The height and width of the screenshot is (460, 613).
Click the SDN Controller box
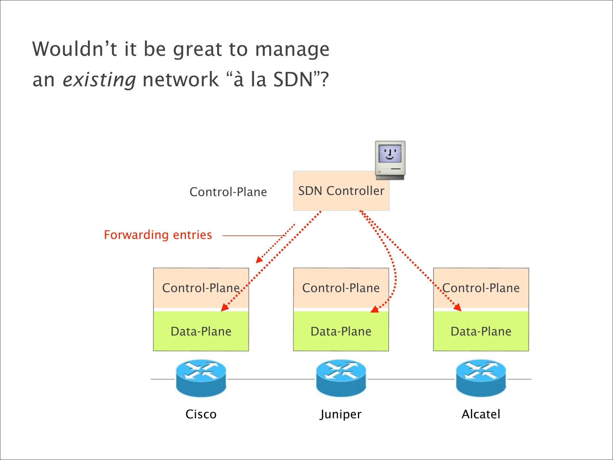[341, 191]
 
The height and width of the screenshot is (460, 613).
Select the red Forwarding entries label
[158, 235]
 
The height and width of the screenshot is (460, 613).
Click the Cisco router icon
[201, 378]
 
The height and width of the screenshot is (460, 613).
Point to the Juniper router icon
[341, 378]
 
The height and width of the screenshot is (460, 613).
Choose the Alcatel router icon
[481, 378]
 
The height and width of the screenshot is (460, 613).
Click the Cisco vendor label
[201, 414]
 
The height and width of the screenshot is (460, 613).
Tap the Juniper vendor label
[341, 414]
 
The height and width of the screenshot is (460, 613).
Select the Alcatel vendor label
[481, 414]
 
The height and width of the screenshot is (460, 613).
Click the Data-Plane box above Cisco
[201, 331]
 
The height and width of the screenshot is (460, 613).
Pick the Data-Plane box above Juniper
[341, 331]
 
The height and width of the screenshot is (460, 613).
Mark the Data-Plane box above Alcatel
[481, 331]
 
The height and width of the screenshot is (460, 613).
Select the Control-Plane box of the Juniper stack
[341, 288]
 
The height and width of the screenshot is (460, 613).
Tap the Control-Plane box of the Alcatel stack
[481, 288]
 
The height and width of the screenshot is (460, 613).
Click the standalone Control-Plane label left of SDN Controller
[228, 192]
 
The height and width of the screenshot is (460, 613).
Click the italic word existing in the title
[99, 80]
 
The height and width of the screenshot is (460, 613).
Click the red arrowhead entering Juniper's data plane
[375, 309]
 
